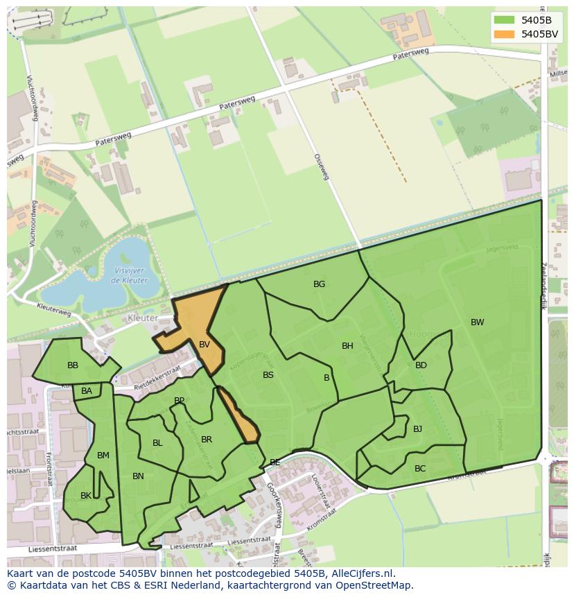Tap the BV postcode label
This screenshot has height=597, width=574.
pyautogui.click(x=205, y=345)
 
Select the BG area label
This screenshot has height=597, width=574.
pyautogui.click(x=319, y=284)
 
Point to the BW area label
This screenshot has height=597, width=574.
pyautogui.click(x=477, y=322)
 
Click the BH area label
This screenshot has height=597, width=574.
pyautogui.click(x=347, y=346)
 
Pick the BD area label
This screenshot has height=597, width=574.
pyautogui.click(x=421, y=365)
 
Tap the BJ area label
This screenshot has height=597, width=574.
pyautogui.click(x=417, y=429)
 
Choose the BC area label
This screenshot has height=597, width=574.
pyautogui.click(x=420, y=469)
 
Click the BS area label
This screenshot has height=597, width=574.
pyautogui.click(x=268, y=375)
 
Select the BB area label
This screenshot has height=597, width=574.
pyautogui.click(x=73, y=365)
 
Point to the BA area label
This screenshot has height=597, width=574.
pyautogui.click(x=87, y=391)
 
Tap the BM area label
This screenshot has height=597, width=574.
pyautogui.click(x=103, y=456)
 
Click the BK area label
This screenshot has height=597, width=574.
pyautogui.click(x=86, y=496)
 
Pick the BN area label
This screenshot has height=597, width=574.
pyautogui.click(x=138, y=476)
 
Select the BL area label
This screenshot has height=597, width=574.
pyautogui.click(x=157, y=443)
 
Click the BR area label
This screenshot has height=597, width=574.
pyautogui.click(x=207, y=440)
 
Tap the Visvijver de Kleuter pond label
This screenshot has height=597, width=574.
pyautogui.click(x=128, y=276)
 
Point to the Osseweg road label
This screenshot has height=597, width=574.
pyautogui.click(x=321, y=167)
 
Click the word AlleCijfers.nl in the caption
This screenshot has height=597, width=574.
pyautogui.click(x=364, y=573)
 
